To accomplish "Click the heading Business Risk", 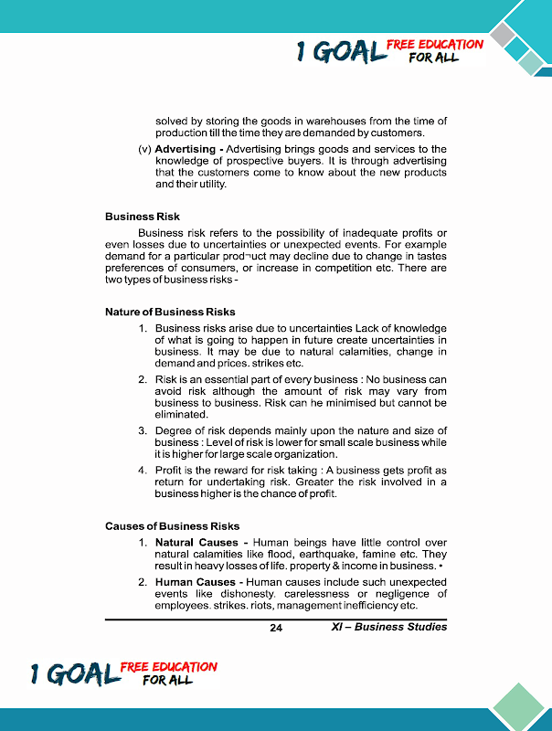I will click(143, 217).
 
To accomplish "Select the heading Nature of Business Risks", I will click(170, 312).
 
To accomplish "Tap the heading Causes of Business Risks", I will click(172, 525).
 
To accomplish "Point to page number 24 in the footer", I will click(277, 628).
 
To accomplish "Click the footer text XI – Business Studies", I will click(388, 627).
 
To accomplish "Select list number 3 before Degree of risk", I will click(143, 430).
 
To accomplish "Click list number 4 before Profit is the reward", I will click(143, 471).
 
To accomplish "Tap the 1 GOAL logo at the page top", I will click(340, 53).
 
